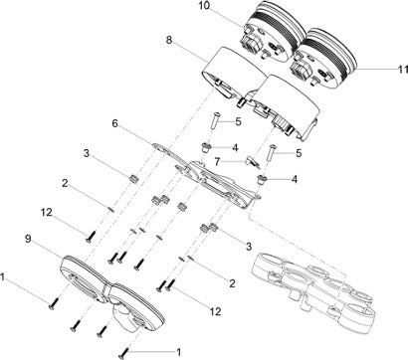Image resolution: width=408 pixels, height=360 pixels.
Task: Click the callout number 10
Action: click(205, 6)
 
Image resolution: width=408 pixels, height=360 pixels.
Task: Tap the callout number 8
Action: click(169, 40)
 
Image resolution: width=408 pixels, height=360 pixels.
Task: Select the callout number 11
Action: click(403, 69)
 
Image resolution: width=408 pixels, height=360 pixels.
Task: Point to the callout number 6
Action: click(114, 123)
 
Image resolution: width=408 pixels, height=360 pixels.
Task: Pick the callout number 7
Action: click(218, 162)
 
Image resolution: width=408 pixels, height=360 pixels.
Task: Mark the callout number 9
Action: click(28, 239)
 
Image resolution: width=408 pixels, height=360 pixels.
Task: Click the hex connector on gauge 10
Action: click(252, 42)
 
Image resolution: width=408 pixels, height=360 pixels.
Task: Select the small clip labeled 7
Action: click(253, 162)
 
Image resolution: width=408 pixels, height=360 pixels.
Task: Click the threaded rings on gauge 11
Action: click(331, 50)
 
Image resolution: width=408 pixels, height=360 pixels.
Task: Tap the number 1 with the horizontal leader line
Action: click(178, 352)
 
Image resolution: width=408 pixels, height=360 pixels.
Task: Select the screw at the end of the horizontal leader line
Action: click(123, 352)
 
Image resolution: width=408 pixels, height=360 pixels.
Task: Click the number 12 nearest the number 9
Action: click(47, 213)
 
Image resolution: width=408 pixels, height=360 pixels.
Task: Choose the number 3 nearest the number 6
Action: click(87, 154)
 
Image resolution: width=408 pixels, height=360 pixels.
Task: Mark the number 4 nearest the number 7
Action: click(235, 147)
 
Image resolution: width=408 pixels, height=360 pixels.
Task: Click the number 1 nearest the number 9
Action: click(3, 277)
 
